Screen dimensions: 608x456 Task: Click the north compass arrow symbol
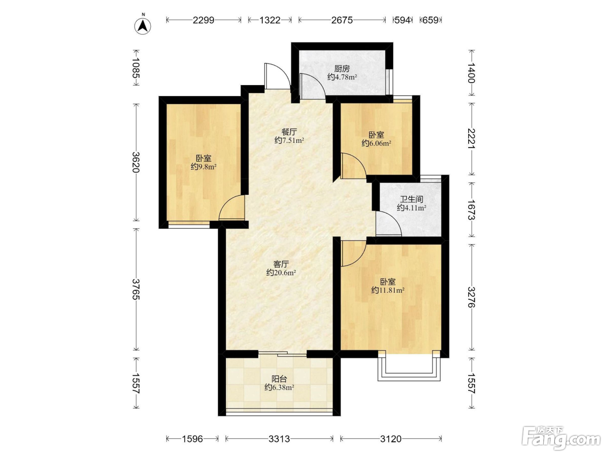[x=142, y=26]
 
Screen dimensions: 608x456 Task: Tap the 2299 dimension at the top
[x=204, y=20]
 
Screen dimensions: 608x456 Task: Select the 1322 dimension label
[x=270, y=20]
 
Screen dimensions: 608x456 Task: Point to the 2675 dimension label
[x=342, y=20]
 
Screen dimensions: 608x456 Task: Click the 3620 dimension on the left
[x=136, y=162]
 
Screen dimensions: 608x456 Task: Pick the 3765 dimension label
[x=136, y=289]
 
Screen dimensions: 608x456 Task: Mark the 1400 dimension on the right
[x=471, y=73]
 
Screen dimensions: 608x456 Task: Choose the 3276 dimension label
[x=471, y=297]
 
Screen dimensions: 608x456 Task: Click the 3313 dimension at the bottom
[x=279, y=439]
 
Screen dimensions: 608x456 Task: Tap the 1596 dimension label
[x=192, y=439]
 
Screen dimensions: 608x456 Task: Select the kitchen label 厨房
[x=342, y=69]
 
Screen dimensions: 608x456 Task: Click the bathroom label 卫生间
[x=411, y=199]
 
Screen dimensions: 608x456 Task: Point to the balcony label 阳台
[x=279, y=379]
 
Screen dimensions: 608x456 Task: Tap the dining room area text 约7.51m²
[x=289, y=140]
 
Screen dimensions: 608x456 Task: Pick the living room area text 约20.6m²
[x=281, y=273]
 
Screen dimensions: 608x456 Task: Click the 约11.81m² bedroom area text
[x=388, y=290]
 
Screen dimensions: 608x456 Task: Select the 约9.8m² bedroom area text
[x=204, y=167]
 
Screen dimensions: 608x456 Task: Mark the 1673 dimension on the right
[x=471, y=210]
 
